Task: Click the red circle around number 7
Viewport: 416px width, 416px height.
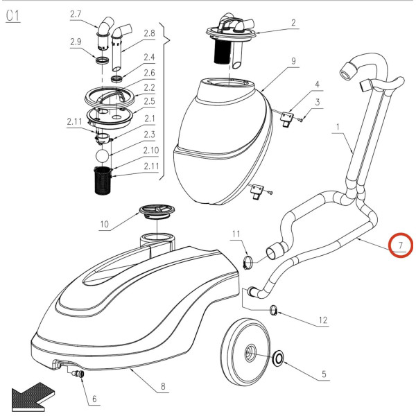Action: coord(400,244)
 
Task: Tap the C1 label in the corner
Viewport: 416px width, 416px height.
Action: coord(14,16)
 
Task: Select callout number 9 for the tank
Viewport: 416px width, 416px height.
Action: coord(293,61)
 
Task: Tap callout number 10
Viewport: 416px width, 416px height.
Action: coord(105,224)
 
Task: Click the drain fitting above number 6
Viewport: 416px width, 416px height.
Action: coord(78,374)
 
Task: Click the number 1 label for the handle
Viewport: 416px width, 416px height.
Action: coord(338,127)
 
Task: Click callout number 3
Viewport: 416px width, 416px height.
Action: coord(318,102)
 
